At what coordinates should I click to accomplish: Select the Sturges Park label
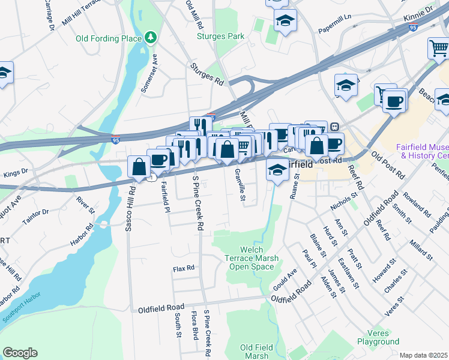pyautogui.click(x=221, y=36)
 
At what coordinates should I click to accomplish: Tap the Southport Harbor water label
pyautogui.click(x=24, y=300)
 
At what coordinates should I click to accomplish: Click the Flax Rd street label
pyautogui.click(x=184, y=268)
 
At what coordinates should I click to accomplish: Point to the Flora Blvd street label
pyautogui.click(x=194, y=325)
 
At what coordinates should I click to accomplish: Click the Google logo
pyautogui.click(x=20, y=353)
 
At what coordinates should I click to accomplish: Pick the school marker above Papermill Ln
pyautogui.click(x=285, y=21)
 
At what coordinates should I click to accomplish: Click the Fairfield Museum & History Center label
pyautogui.click(x=422, y=151)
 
